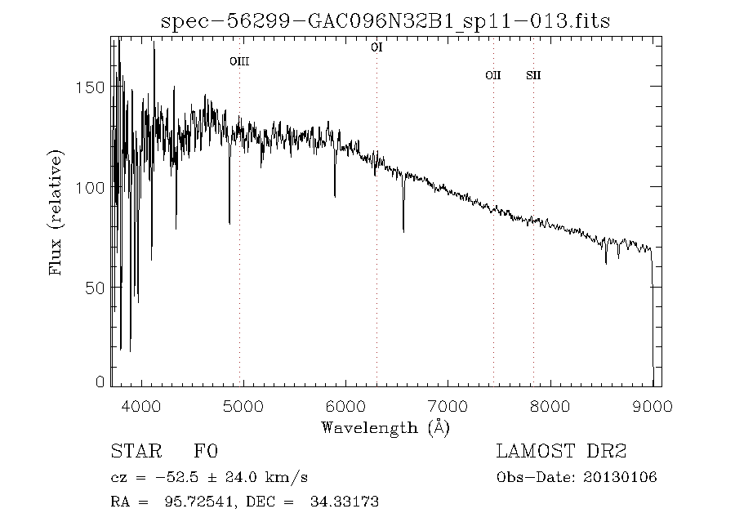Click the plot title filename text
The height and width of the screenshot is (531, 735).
click(x=385, y=20)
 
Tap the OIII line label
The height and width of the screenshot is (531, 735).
click(x=238, y=61)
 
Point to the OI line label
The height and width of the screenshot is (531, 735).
click(x=376, y=47)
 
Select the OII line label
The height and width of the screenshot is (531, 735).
click(x=492, y=75)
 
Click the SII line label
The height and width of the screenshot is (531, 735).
click(x=533, y=75)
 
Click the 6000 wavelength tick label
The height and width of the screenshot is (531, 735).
click(x=346, y=406)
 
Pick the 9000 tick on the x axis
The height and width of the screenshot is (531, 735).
click(x=653, y=406)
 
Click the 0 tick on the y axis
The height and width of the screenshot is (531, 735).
click(x=100, y=382)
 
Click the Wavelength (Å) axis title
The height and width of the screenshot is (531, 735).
click(x=385, y=427)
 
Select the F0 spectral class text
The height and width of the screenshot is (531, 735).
click(x=206, y=452)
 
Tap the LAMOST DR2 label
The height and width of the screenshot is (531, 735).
click(x=561, y=452)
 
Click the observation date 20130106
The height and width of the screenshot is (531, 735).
click(x=620, y=478)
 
